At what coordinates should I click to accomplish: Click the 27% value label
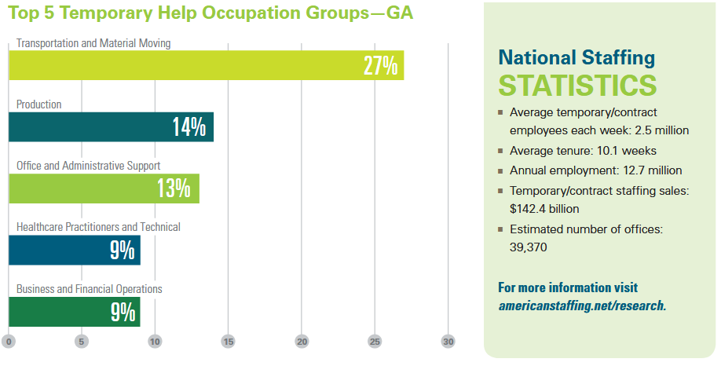(x=380, y=66)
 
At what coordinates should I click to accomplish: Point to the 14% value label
(x=188, y=127)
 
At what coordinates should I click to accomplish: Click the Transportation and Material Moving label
(x=93, y=43)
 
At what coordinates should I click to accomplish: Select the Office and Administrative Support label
(x=88, y=166)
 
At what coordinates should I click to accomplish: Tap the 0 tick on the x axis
(x=9, y=342)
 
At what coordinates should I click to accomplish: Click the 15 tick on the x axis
(x=229, y=342)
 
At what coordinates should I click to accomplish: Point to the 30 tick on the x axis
(x=448, y=342)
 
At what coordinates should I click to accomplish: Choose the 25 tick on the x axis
(x=375, y=342)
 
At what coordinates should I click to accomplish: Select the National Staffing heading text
(x=576, y=57)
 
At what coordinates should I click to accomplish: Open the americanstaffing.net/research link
(x=582, y=306)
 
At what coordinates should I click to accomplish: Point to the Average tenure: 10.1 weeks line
(x=583, y=150)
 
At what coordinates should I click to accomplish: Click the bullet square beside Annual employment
(x=501, y=170)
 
